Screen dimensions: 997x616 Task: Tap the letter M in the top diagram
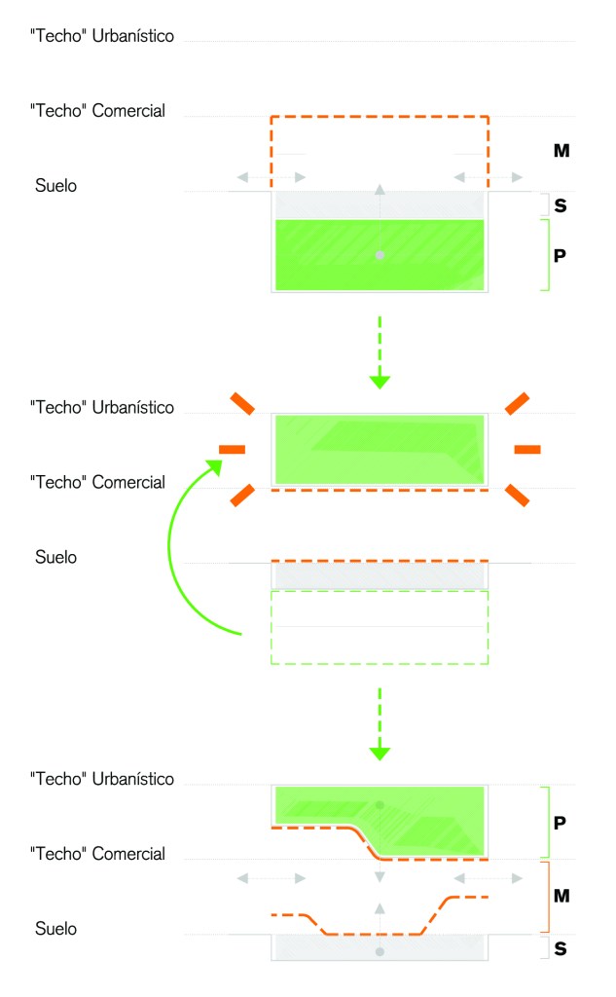pyautogui.click(x=561, y=151)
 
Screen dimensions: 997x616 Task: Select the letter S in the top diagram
pyautogui.click(x=561, y=205)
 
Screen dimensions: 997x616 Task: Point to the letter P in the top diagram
pyautogui.click(x=560, y=255)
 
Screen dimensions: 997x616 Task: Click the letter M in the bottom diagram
pyautogui.click(x=561, y=895)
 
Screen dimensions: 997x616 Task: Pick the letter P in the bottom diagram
pyautogui.click(x=560, y=823)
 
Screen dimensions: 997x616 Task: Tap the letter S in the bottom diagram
pyautogui.click(x=561, y=946)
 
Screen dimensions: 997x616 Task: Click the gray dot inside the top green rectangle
pyautogui.click(x=380, y=255)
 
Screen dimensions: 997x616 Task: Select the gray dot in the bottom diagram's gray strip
pyautogui.click(x=380, y=951)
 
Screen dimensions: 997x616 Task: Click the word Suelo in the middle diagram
pyautogui.click(x=55, y=558)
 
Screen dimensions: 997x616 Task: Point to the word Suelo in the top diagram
pyautogui.click(x=55, y=185)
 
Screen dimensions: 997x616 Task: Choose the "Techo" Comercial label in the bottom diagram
pyautogui.click(x=97, y=854)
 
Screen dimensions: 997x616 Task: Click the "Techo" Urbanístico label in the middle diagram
pyautogui.click(x=102, y=407)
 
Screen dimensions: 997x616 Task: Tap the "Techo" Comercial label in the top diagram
pyautogui.click(x=97, y=111)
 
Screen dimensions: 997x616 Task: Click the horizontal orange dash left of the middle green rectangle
pyautogui.click(x=233, y=449)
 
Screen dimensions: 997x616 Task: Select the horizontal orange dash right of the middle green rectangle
pyautogui.click(x=526, y=449)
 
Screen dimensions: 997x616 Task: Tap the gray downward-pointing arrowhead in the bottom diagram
pyautogui.click(x=380, y=878)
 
